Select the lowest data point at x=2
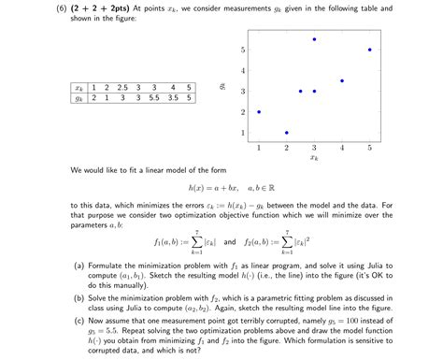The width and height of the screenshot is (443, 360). (286, 133)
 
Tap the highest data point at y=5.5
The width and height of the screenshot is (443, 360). (314, 39)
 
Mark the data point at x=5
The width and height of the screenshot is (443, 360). (369, 50)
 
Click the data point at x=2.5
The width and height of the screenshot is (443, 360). (300, 92)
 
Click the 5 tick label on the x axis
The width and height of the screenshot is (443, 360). (369, 148)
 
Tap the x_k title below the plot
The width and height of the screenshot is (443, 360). (314, 158)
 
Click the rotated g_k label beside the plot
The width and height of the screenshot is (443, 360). (221, 86)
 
